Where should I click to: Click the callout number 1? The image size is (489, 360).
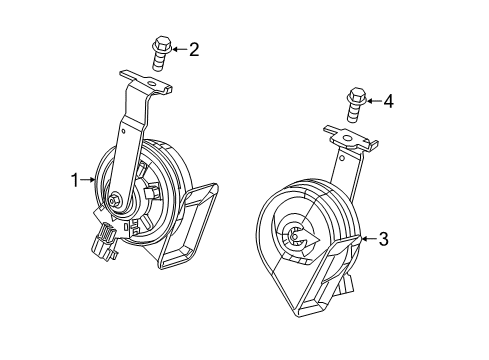(73, 180)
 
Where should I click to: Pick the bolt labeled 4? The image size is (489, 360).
(354, 104)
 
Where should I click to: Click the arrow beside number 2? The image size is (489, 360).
(177, 47)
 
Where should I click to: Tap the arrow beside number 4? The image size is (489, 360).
(372, 100)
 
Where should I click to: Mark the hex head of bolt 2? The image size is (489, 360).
(159, 44)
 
